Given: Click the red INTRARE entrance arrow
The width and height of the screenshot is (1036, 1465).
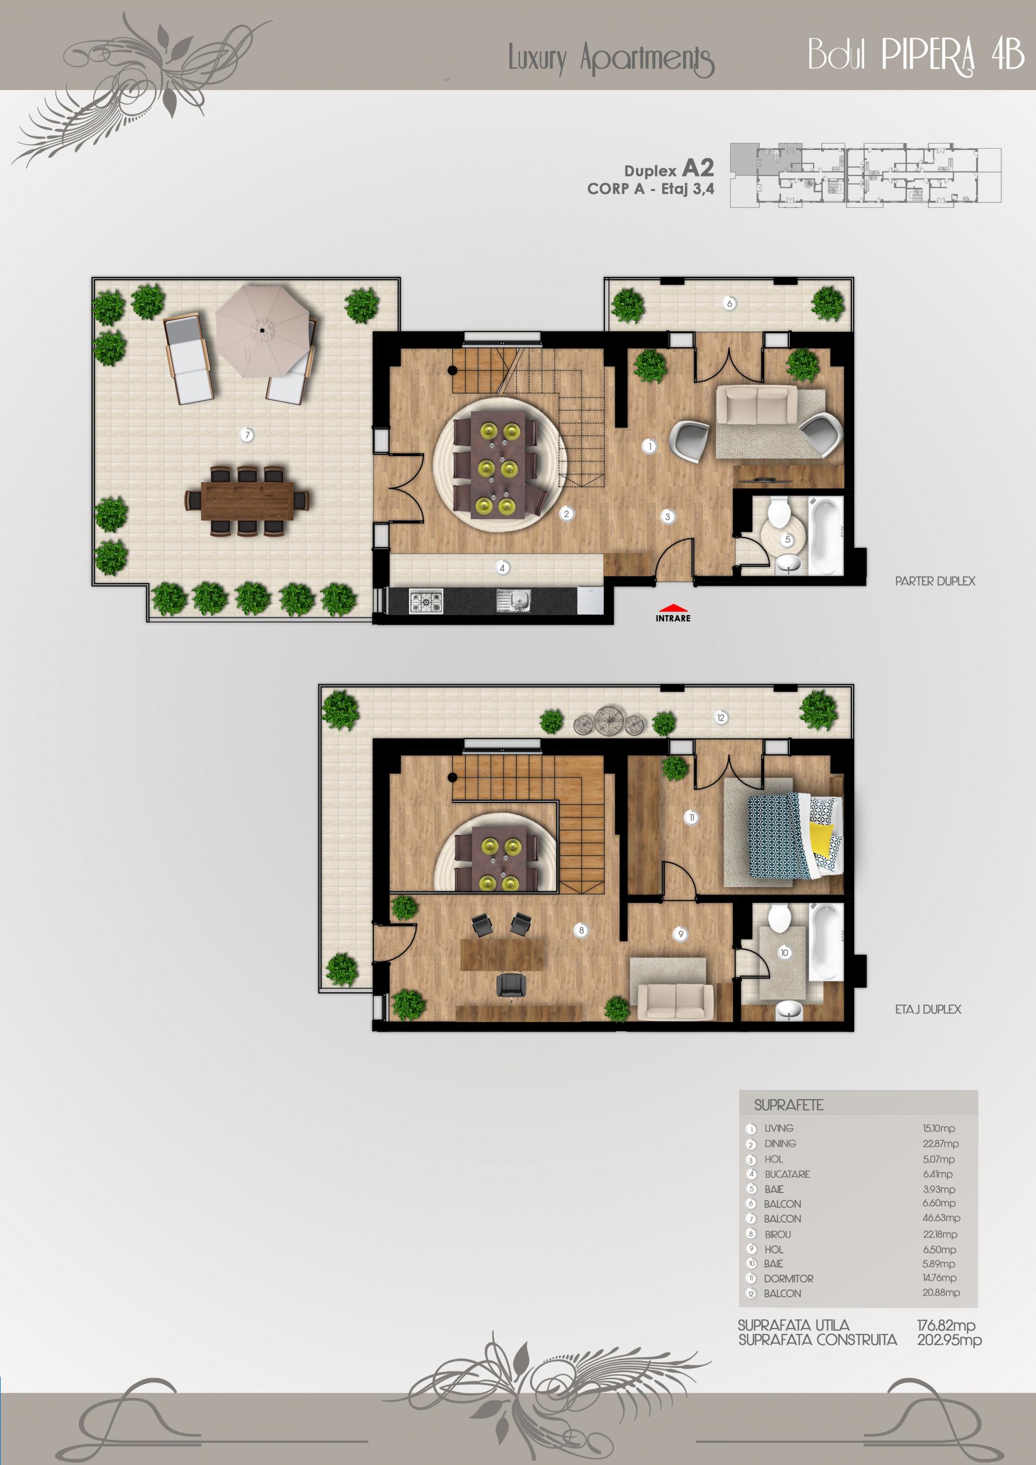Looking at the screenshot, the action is tap(673, 609).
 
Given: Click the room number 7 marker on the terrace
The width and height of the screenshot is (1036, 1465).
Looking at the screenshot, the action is tap(248, 435).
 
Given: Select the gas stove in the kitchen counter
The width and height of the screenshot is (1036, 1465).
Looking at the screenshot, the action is tap(426, 601).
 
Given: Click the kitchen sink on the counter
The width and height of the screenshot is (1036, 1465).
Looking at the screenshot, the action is tap(514, 601).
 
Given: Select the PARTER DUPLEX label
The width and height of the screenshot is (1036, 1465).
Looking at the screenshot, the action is tap(935, 581).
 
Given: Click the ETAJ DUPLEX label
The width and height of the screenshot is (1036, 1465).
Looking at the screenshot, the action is tap(928, 1010).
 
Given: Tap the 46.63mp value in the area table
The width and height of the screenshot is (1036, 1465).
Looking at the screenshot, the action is tap(941, 1218).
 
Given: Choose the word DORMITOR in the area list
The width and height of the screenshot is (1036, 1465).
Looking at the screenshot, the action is tap(788, 1279).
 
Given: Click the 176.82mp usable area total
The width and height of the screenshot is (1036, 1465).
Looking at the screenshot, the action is tap(946, 1325).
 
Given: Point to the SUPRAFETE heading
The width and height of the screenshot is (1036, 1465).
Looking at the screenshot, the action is tap(788, 1105).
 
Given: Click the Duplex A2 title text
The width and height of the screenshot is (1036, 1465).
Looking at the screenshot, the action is tap(669, 169).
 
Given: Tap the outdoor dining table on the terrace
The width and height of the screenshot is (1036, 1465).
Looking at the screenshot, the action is tap(248, 501).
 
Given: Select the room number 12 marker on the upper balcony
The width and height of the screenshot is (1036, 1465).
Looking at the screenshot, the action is tap(721, 718).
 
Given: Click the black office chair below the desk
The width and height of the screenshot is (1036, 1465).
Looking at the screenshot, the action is tap(511, 985).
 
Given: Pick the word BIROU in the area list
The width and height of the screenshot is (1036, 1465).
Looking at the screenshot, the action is tap(778, 1235).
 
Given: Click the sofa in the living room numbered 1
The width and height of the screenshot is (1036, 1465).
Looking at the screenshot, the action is tap(756, 406).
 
